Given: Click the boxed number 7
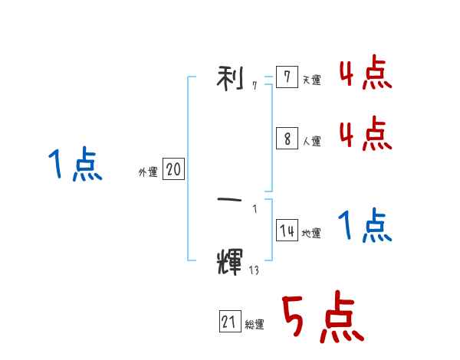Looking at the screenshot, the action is [287, 77].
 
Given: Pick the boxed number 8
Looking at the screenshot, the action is [287, 139].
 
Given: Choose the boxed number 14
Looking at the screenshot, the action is [287, 231].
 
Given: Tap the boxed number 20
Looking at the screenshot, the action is [173, 170].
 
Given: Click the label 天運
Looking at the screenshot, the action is [311, 80].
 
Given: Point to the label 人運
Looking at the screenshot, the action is [311, 141].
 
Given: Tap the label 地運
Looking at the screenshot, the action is [311, 234].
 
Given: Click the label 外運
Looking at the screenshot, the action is [148, 172].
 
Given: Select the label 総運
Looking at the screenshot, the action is [255, 325].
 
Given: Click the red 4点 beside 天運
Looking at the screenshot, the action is [366, 74].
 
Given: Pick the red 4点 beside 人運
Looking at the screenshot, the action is [366, 134].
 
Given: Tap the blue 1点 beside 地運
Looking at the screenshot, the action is [366, 227].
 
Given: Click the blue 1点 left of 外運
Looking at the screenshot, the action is [75, 165].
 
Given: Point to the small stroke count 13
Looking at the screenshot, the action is [254, 269].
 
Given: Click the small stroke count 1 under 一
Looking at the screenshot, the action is [255, 209].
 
